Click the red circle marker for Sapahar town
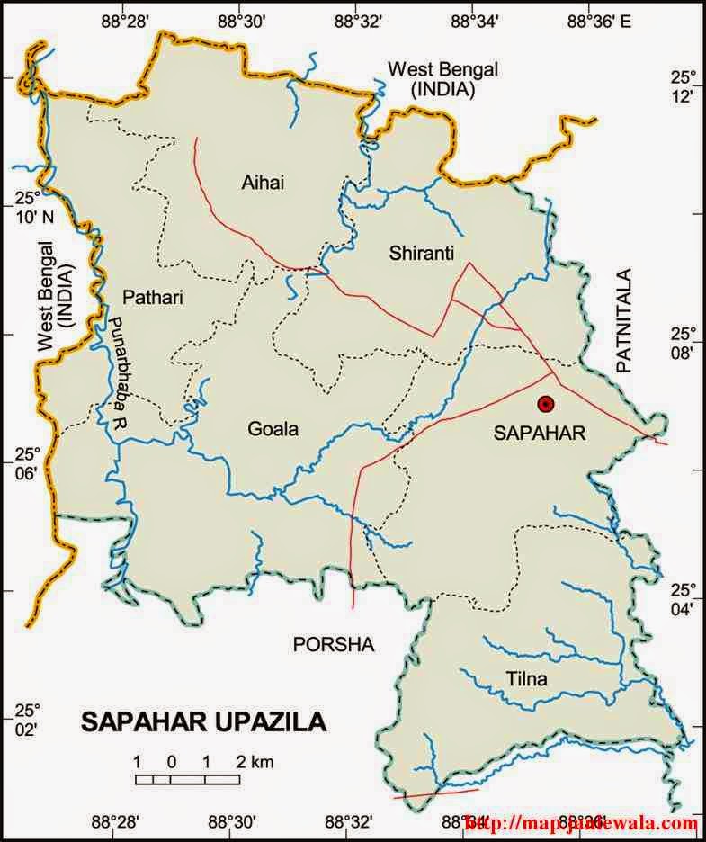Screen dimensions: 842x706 545,404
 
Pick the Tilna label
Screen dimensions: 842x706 527,678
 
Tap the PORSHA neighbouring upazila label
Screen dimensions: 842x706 333,644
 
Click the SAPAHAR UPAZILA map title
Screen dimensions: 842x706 204,722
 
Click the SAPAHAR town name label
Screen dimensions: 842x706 540,434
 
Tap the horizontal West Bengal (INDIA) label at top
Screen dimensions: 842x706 442,79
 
